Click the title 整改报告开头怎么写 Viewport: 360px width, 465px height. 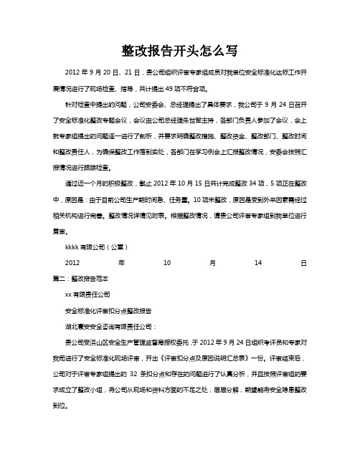tap(180, 51)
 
